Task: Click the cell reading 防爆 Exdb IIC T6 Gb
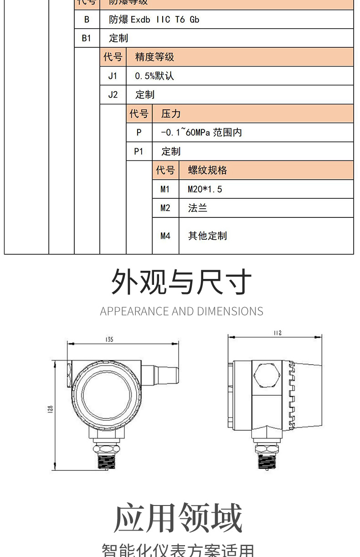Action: click(154, 20)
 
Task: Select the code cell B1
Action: click(87, 38)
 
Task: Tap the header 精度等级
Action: click(154, 57)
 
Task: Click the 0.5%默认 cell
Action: click(154, 76)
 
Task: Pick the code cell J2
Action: click(113, 95)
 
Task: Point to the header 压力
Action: click(171, 114)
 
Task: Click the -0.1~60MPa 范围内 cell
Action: click(201, 133)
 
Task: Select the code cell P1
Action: click(139, 151)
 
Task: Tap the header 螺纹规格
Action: click(207, 170)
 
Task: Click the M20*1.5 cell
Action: click(205, 189)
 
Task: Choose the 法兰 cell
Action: click(197, 208)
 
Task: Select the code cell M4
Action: click(165, 236)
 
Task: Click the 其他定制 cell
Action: click(207, 236)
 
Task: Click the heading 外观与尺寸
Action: click(181, 282)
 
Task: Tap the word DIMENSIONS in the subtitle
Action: click(230, 311)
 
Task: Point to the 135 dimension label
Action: click(109, 339)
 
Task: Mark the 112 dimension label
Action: click(277, 333)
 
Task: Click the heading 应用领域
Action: click(178, 518)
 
